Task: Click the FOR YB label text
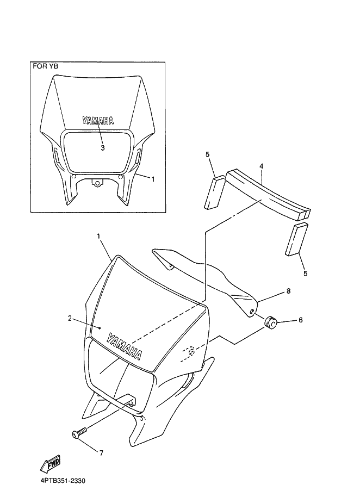[46, 66]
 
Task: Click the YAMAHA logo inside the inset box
[98, 121]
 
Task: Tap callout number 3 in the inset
[103, 148]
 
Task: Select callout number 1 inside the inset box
[153, 179]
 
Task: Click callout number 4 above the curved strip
[261, 166]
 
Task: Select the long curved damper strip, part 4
[268, 194]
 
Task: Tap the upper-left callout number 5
[208, 154]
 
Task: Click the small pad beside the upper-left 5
[215, 192]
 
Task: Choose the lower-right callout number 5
[305, 273]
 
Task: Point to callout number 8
[288, 291]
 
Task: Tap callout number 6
[301, 320]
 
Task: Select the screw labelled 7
[79, 433]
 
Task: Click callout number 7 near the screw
[101, 453]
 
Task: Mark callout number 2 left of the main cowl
[70, 318]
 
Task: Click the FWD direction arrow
[50, 464]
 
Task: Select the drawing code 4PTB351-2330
[63, 481]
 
